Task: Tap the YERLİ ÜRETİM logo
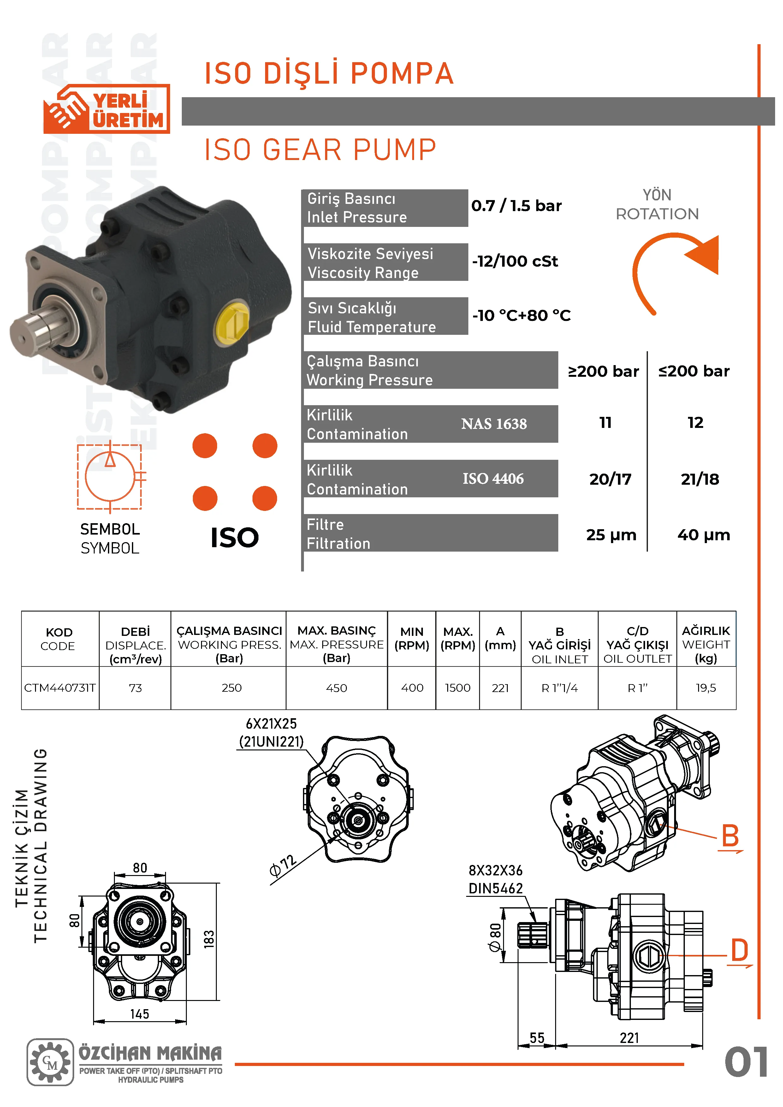pyautogui.click(x=107, y=109)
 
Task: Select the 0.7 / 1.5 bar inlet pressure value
pyautogui.click(x=516, y=206)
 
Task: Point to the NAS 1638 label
pyautogui.click(x=494, y=424)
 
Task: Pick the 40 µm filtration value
pyautogui.click(x=703, y=535)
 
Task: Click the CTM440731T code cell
pyautogui.click(x=60, y=688)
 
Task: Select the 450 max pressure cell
pyautogui.click(x=336, y=688)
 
